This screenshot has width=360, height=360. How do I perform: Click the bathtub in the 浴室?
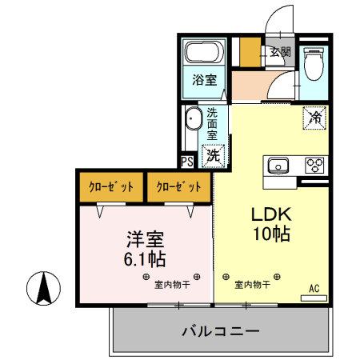(x=205, y=52)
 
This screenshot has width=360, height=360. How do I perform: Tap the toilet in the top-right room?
(x=314, y=64)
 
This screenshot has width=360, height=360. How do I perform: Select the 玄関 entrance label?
(x=281, y=51)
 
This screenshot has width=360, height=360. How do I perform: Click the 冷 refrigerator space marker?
(x=314, y=118)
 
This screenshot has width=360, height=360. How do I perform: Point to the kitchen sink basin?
(x=278, y=166)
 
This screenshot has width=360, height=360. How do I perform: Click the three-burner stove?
(x=314, y=166)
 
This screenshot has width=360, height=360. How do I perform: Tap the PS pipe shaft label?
(x=187, y=162)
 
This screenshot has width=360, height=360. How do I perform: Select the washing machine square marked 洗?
(x=213, y=156)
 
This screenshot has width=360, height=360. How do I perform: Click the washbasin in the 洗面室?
(x=192, y=118)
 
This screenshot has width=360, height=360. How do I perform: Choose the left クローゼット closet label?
(x=111, y=187)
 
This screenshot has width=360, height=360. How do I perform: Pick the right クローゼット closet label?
(x=178, y=187)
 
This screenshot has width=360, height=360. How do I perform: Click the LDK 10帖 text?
(x=272, y=224)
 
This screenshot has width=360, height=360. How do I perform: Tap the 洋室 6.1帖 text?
(x=145, y=250)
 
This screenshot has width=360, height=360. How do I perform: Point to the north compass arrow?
(x=44, y=288)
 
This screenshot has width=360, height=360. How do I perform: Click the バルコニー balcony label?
(x=221, y=331)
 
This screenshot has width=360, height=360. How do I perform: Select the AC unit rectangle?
(x=314, y=298)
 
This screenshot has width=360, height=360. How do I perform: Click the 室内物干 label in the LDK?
(x=252, y=285)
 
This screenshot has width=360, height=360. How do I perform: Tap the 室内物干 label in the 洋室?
(x=172, y=285)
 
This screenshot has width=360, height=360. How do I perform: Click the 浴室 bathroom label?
(x=205, y=79)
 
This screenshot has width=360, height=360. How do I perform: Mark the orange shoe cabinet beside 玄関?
(x=250, y=52)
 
